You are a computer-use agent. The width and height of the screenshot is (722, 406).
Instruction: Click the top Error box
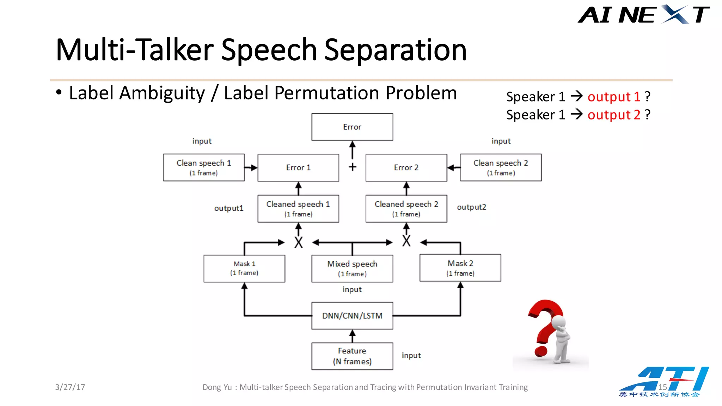352,127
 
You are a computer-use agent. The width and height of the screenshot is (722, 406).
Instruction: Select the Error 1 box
298,168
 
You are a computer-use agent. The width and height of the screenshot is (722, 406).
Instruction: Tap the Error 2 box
406,168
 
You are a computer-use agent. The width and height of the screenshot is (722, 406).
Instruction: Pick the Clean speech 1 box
204,167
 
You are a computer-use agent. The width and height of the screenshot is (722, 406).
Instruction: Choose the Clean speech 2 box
501,167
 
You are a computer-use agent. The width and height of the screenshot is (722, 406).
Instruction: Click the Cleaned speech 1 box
298,209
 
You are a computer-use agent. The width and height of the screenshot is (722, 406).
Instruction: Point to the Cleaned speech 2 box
406,209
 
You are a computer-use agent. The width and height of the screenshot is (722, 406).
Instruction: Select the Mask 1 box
244,269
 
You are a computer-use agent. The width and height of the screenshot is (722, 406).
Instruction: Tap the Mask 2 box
460,268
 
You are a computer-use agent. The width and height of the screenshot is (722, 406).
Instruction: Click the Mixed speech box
352,269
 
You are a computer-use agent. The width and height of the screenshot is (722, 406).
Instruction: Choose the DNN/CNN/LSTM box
352,316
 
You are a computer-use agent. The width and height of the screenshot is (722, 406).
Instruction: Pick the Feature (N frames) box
352,356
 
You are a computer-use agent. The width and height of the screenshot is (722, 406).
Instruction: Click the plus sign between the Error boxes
353,167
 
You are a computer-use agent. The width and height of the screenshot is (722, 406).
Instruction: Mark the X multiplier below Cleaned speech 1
299,242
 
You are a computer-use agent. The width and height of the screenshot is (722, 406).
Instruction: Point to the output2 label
471,207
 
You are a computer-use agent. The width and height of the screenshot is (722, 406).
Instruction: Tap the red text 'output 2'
614,115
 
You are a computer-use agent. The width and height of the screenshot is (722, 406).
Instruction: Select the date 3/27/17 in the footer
70,387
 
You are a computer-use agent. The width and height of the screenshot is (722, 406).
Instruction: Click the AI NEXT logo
643,15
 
